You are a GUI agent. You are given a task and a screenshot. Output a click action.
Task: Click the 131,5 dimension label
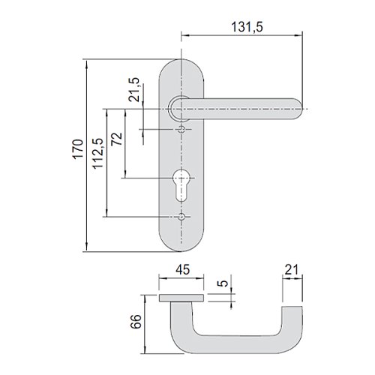(247, 27)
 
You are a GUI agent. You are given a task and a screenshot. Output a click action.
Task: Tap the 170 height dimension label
(78, 149)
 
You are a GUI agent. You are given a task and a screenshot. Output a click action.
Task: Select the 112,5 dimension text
(97, 154)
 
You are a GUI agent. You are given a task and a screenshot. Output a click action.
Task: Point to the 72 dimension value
(117, 139)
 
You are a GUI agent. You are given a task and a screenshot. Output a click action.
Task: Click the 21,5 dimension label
(134, 89)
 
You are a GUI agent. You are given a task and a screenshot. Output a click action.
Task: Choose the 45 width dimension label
(183, 270)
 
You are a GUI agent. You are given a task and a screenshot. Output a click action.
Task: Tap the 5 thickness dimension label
(223, 283)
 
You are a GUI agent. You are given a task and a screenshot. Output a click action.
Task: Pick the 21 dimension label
(292, 270)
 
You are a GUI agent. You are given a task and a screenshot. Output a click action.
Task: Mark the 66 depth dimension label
(136, 322)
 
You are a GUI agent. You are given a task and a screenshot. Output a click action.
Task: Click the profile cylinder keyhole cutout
(181, 185)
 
